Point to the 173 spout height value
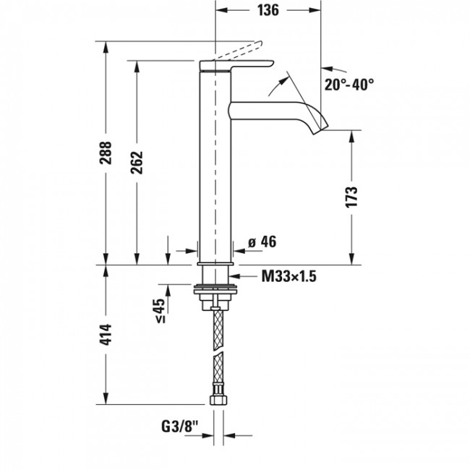(352, 197)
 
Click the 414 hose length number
(106, 333)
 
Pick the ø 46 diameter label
(262, 242)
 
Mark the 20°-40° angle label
(349, 85)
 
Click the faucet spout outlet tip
(320, 128)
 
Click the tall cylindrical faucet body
(215, 166)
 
